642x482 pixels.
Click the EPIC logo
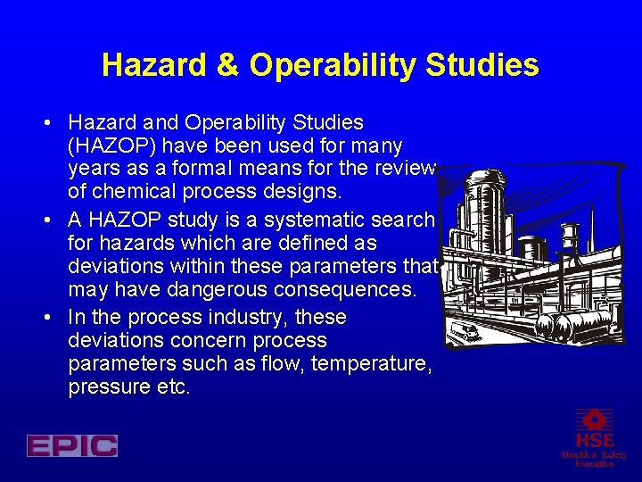coord(72,445)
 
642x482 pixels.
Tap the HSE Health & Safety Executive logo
coord(594,437)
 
